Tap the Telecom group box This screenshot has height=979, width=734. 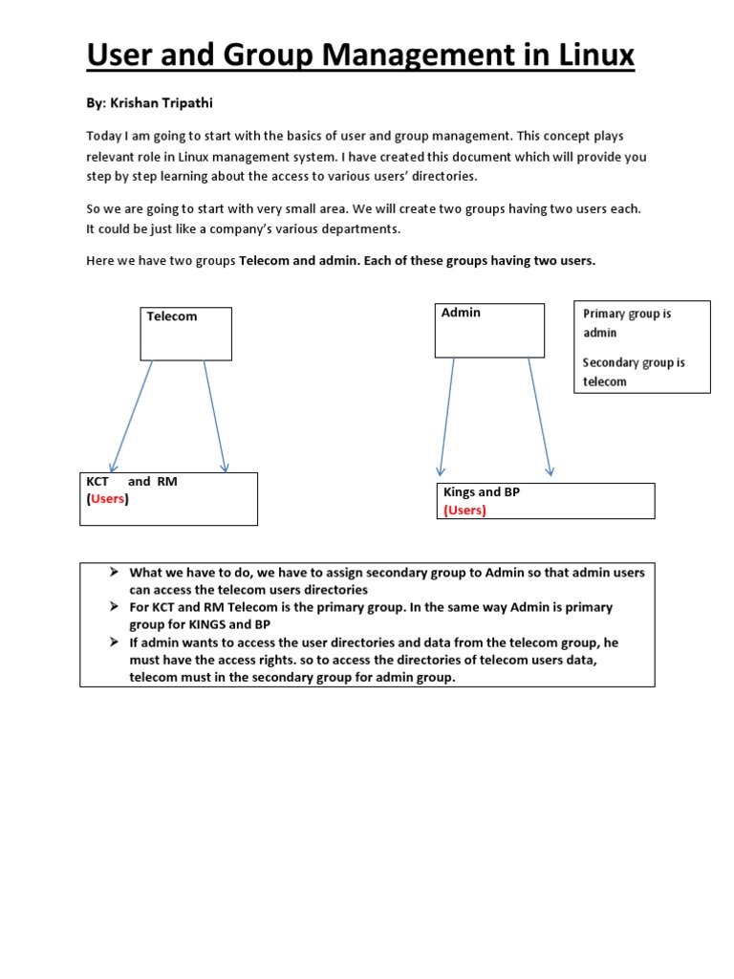click(x=185, y=334)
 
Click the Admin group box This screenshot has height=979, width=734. click(x=489, y=330)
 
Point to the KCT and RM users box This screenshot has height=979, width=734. click(x=168, y=498)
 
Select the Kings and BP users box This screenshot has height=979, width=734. click(x=548, y=501)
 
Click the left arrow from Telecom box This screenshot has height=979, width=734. click(x=132, y=416)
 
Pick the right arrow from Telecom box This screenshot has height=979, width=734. click(x=215, y=416)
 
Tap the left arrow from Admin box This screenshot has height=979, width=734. click(x=446, y=416)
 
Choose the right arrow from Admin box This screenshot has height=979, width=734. click(x=540, y=416)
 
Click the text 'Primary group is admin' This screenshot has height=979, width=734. click(x=627, y=323)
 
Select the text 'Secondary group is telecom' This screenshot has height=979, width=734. click(x=633, y=372)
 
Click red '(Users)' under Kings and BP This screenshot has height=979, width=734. click(x=464, y=511)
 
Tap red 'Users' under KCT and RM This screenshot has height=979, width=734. click(x=108, y=499)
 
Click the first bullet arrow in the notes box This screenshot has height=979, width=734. click(x=113, y=572)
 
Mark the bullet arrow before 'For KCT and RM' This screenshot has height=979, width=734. click(x=113, y=607)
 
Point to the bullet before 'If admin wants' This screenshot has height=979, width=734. click(x=113, y=642)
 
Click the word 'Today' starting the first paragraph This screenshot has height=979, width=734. click(x=103, y=137)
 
